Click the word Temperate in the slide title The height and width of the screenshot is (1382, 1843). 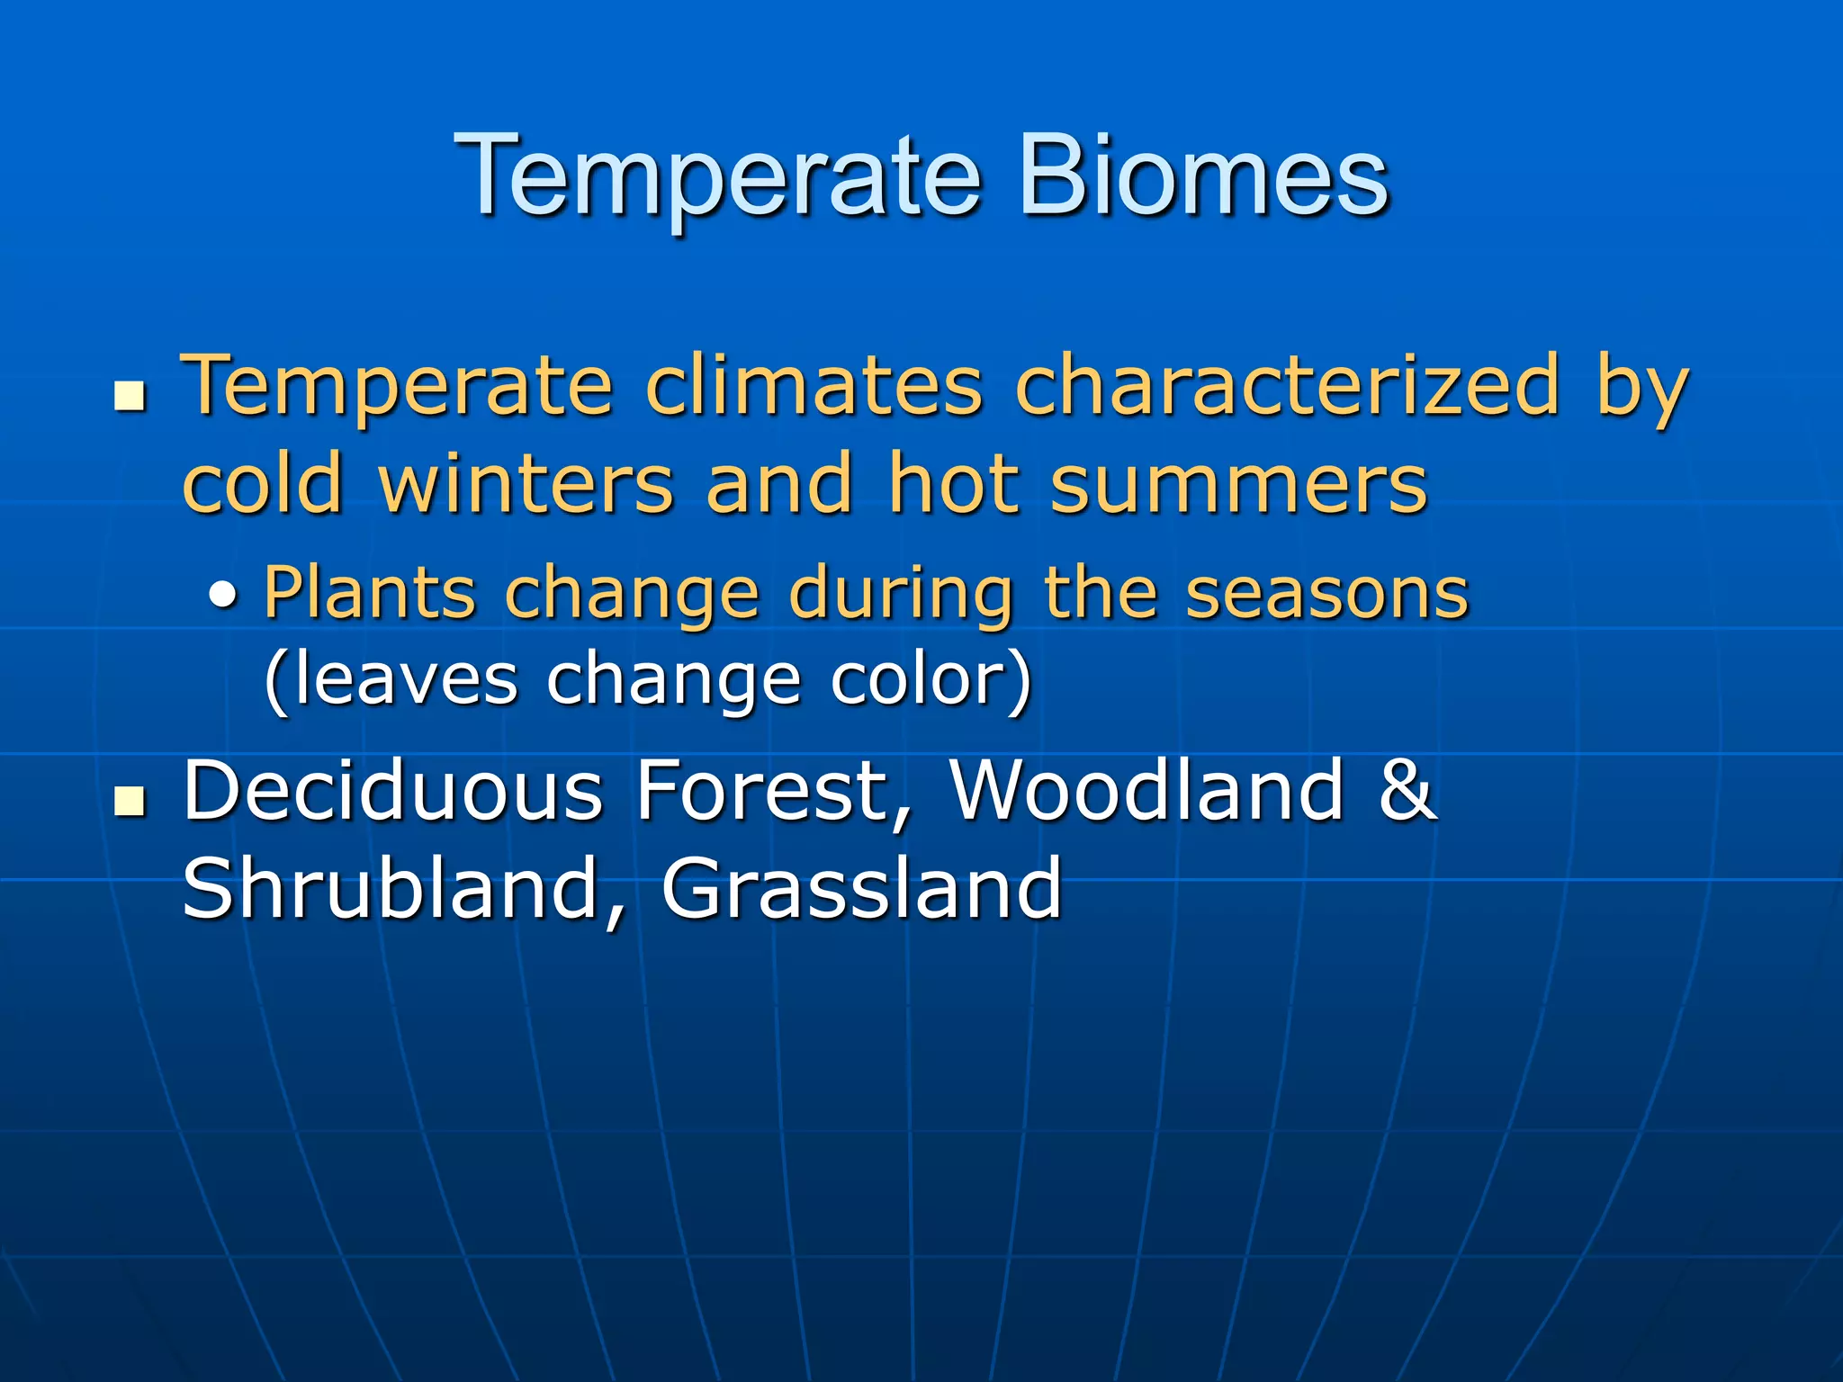[717, 176]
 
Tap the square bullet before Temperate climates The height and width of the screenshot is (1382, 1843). [130, 396]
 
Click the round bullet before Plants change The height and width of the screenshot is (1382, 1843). [224, 595]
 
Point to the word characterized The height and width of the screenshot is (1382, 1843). [1287, 387]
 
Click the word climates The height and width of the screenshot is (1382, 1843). [814, 387]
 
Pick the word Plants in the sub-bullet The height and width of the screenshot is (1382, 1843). [369, 595]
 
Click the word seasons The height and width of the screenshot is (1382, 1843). [1326, 595]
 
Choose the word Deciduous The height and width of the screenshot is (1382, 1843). [392, 791]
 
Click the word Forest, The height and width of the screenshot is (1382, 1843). [774, 791]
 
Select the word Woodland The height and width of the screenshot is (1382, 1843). [1147, 791]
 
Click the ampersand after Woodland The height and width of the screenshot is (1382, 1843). [1407, 791]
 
